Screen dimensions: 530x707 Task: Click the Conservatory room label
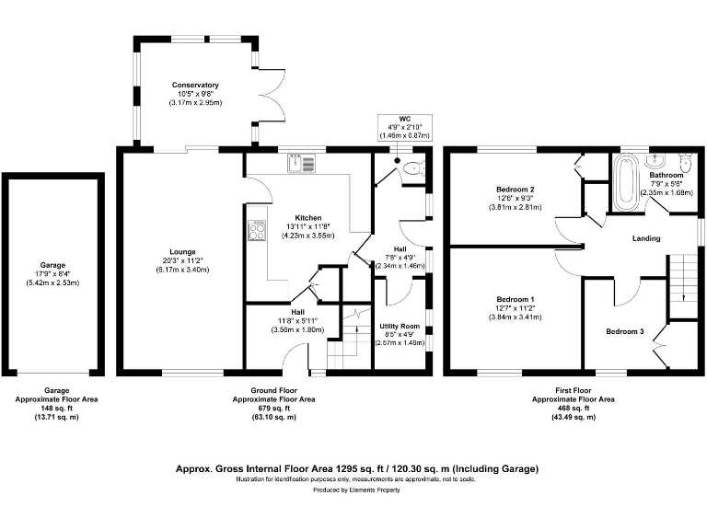[194, 85]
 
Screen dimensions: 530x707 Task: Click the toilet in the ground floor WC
[413, 167]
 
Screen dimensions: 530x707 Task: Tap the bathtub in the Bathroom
[624, 180]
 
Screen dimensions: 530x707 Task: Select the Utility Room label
[400, 327]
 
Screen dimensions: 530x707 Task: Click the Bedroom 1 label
[515, 300]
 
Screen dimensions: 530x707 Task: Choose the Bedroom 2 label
[515, 190]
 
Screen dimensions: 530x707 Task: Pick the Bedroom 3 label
[624, 330]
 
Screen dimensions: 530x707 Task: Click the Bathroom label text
[666, 175]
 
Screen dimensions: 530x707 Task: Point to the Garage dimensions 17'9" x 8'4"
[52, 273]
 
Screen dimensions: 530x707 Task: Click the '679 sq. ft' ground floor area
[274, 409]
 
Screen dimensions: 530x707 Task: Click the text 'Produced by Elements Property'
[357, 490]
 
